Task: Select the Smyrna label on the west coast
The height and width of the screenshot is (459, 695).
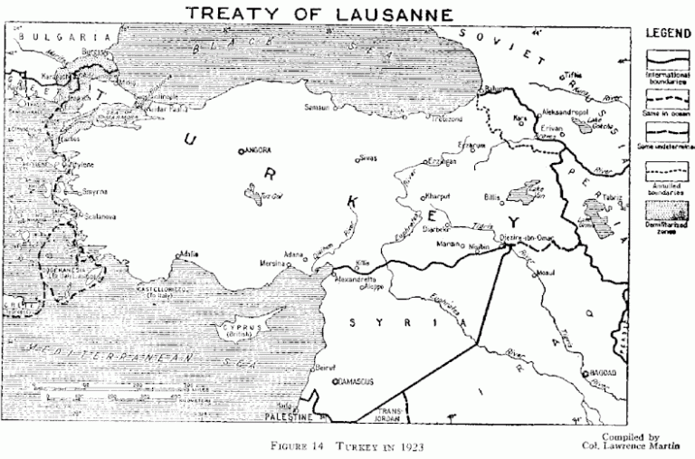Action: tap(69, 192)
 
